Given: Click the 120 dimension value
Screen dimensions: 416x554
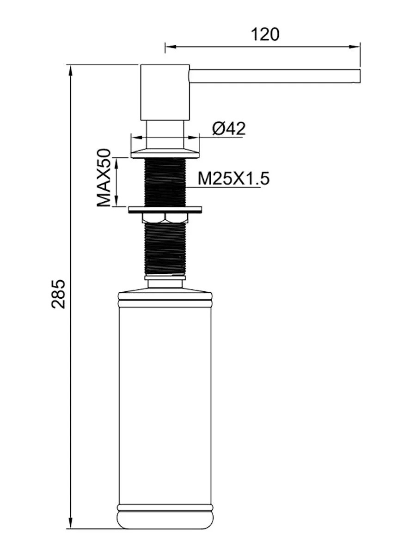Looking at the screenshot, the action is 265,35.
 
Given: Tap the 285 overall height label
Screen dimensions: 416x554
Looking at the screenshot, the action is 58,294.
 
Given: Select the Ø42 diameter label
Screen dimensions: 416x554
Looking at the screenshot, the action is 229,129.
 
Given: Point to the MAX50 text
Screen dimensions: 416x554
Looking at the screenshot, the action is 104,178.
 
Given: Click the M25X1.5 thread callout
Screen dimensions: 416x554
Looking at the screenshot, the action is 234,179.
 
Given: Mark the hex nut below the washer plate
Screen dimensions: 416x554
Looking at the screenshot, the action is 165,218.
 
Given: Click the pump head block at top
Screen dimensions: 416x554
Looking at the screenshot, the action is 165,92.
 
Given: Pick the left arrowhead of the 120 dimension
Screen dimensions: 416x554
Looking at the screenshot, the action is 171,47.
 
